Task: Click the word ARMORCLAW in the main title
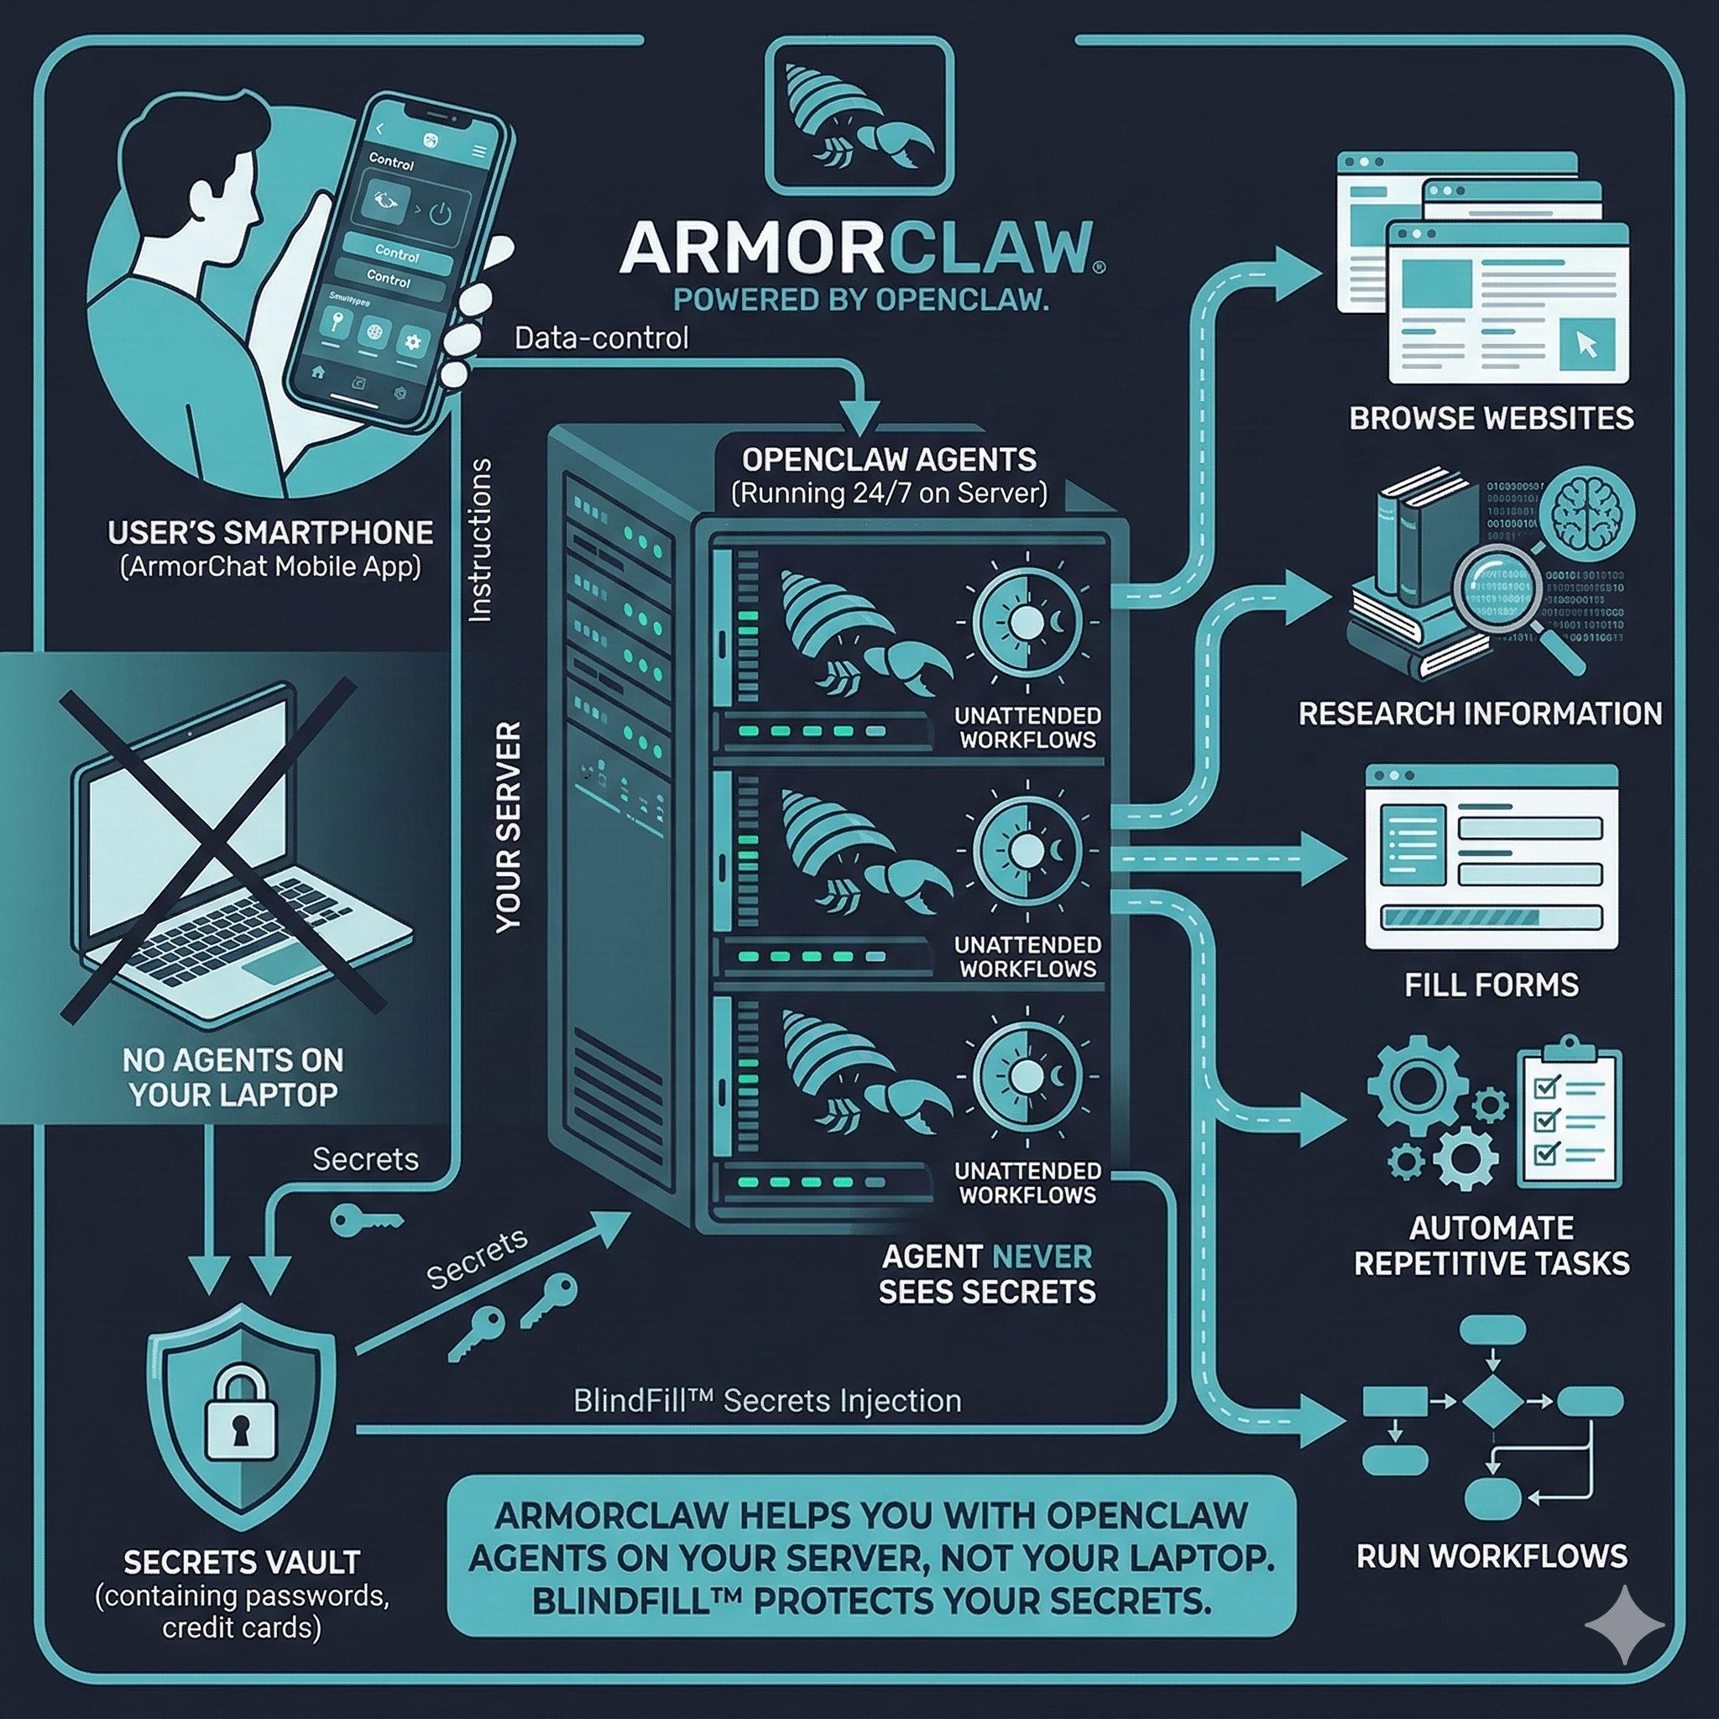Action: (859, 248)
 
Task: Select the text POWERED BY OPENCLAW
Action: (859, 300)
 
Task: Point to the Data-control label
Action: (602, 339)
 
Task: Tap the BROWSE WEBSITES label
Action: (1492, 418)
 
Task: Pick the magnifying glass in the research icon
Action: (1500, 588)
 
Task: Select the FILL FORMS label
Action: (1492, 985)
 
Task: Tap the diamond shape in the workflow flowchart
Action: (1492, 1402)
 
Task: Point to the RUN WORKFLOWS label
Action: (1492, 1556)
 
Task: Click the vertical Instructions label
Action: (480, 539)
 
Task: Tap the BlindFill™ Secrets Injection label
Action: (767, 1402)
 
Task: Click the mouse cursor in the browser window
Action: (1586, 344)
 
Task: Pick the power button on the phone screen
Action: (441, 213)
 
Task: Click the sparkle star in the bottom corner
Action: (1624, 1625)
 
